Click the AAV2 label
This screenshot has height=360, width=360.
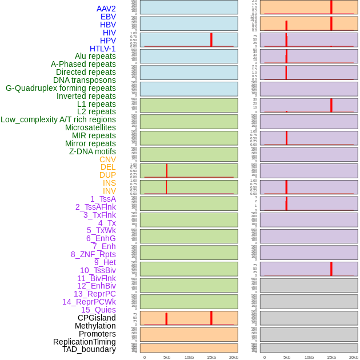coord(106,9)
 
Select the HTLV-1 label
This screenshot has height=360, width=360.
coord(102,49)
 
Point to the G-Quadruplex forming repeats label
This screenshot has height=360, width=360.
coord(61,88)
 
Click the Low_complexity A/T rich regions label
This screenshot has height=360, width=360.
coord(58,119)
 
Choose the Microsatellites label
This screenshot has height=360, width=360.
coord(90,127)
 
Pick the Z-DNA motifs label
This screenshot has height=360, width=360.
coord(92,151)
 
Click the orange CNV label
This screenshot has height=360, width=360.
coord(107,159)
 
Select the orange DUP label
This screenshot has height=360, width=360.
coord(107,175)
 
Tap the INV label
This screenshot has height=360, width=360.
coord(109,191)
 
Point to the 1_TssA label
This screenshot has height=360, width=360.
coord(103,199)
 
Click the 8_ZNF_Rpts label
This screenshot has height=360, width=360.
coord(93,254)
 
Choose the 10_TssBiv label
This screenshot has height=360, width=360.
coord(98,270)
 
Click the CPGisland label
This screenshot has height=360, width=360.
coord(97,318)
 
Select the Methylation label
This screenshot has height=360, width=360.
coord(95,326)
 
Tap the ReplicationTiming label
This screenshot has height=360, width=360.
coord(84,342)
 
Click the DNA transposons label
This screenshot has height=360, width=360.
coord(85,80)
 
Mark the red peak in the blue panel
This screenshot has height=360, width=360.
coord(211,39)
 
